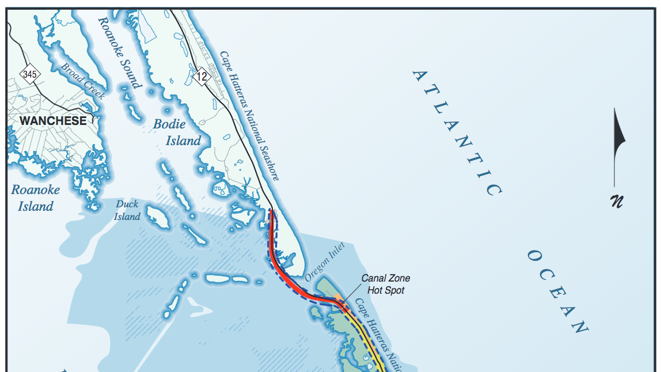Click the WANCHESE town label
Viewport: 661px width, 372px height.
pos(53,121)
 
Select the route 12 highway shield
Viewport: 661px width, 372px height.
pos(201,76)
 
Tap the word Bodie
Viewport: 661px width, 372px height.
pos(169,124)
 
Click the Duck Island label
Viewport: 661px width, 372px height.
pos(127,210)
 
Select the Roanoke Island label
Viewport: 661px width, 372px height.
pos(36,198)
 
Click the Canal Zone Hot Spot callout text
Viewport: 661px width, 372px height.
pos(386,284)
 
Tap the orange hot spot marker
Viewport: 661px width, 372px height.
pos(339,298)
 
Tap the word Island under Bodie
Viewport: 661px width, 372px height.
pos(184,141)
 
